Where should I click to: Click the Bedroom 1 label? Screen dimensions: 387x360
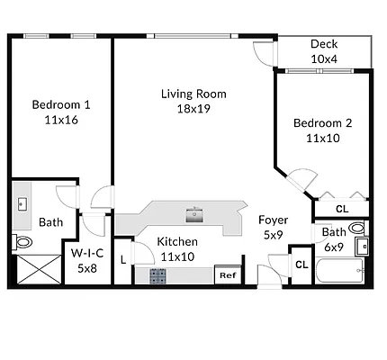pyautogui.click(x=61, y=104)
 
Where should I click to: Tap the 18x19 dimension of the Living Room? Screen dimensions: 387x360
pyautogui.click(x=193, y=109)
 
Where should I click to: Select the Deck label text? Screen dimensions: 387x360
pyautogui.click(x=324, y=44)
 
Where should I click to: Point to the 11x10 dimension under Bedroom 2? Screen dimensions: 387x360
pyautogui.click(x=323, y=138)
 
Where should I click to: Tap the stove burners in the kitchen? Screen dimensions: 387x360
pyautogui.click(x=158, y=276)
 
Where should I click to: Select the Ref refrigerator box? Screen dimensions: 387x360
pyautogui.click(x=228, y=274)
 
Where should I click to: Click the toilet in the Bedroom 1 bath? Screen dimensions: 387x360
pyautogui.click(x=22, y=242)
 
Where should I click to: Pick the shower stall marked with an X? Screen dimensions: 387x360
pyautogui.click(x=40, y=269)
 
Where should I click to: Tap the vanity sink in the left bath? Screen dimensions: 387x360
pyautogui.click(x=22, y=204)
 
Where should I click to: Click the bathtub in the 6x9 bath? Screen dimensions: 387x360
pyautogui.click(x=340, y=270)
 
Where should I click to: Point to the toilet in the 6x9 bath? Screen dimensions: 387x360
pyautogui.click(x=358, y=228)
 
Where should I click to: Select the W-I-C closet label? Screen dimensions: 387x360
pyautogui.click(x=87, y=253)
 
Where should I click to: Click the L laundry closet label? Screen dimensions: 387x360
pyautogui.click(x=123, y=260)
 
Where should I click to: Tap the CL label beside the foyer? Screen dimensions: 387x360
pyautogui.click(x=301, y=265)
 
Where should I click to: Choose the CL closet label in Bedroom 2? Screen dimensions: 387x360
pyautogui.click(x=342, y=209)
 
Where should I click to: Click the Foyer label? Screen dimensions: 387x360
pyautogui.click(x=273, y=220)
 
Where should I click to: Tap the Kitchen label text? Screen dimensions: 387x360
pyautogui.click(x=177, y=241)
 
